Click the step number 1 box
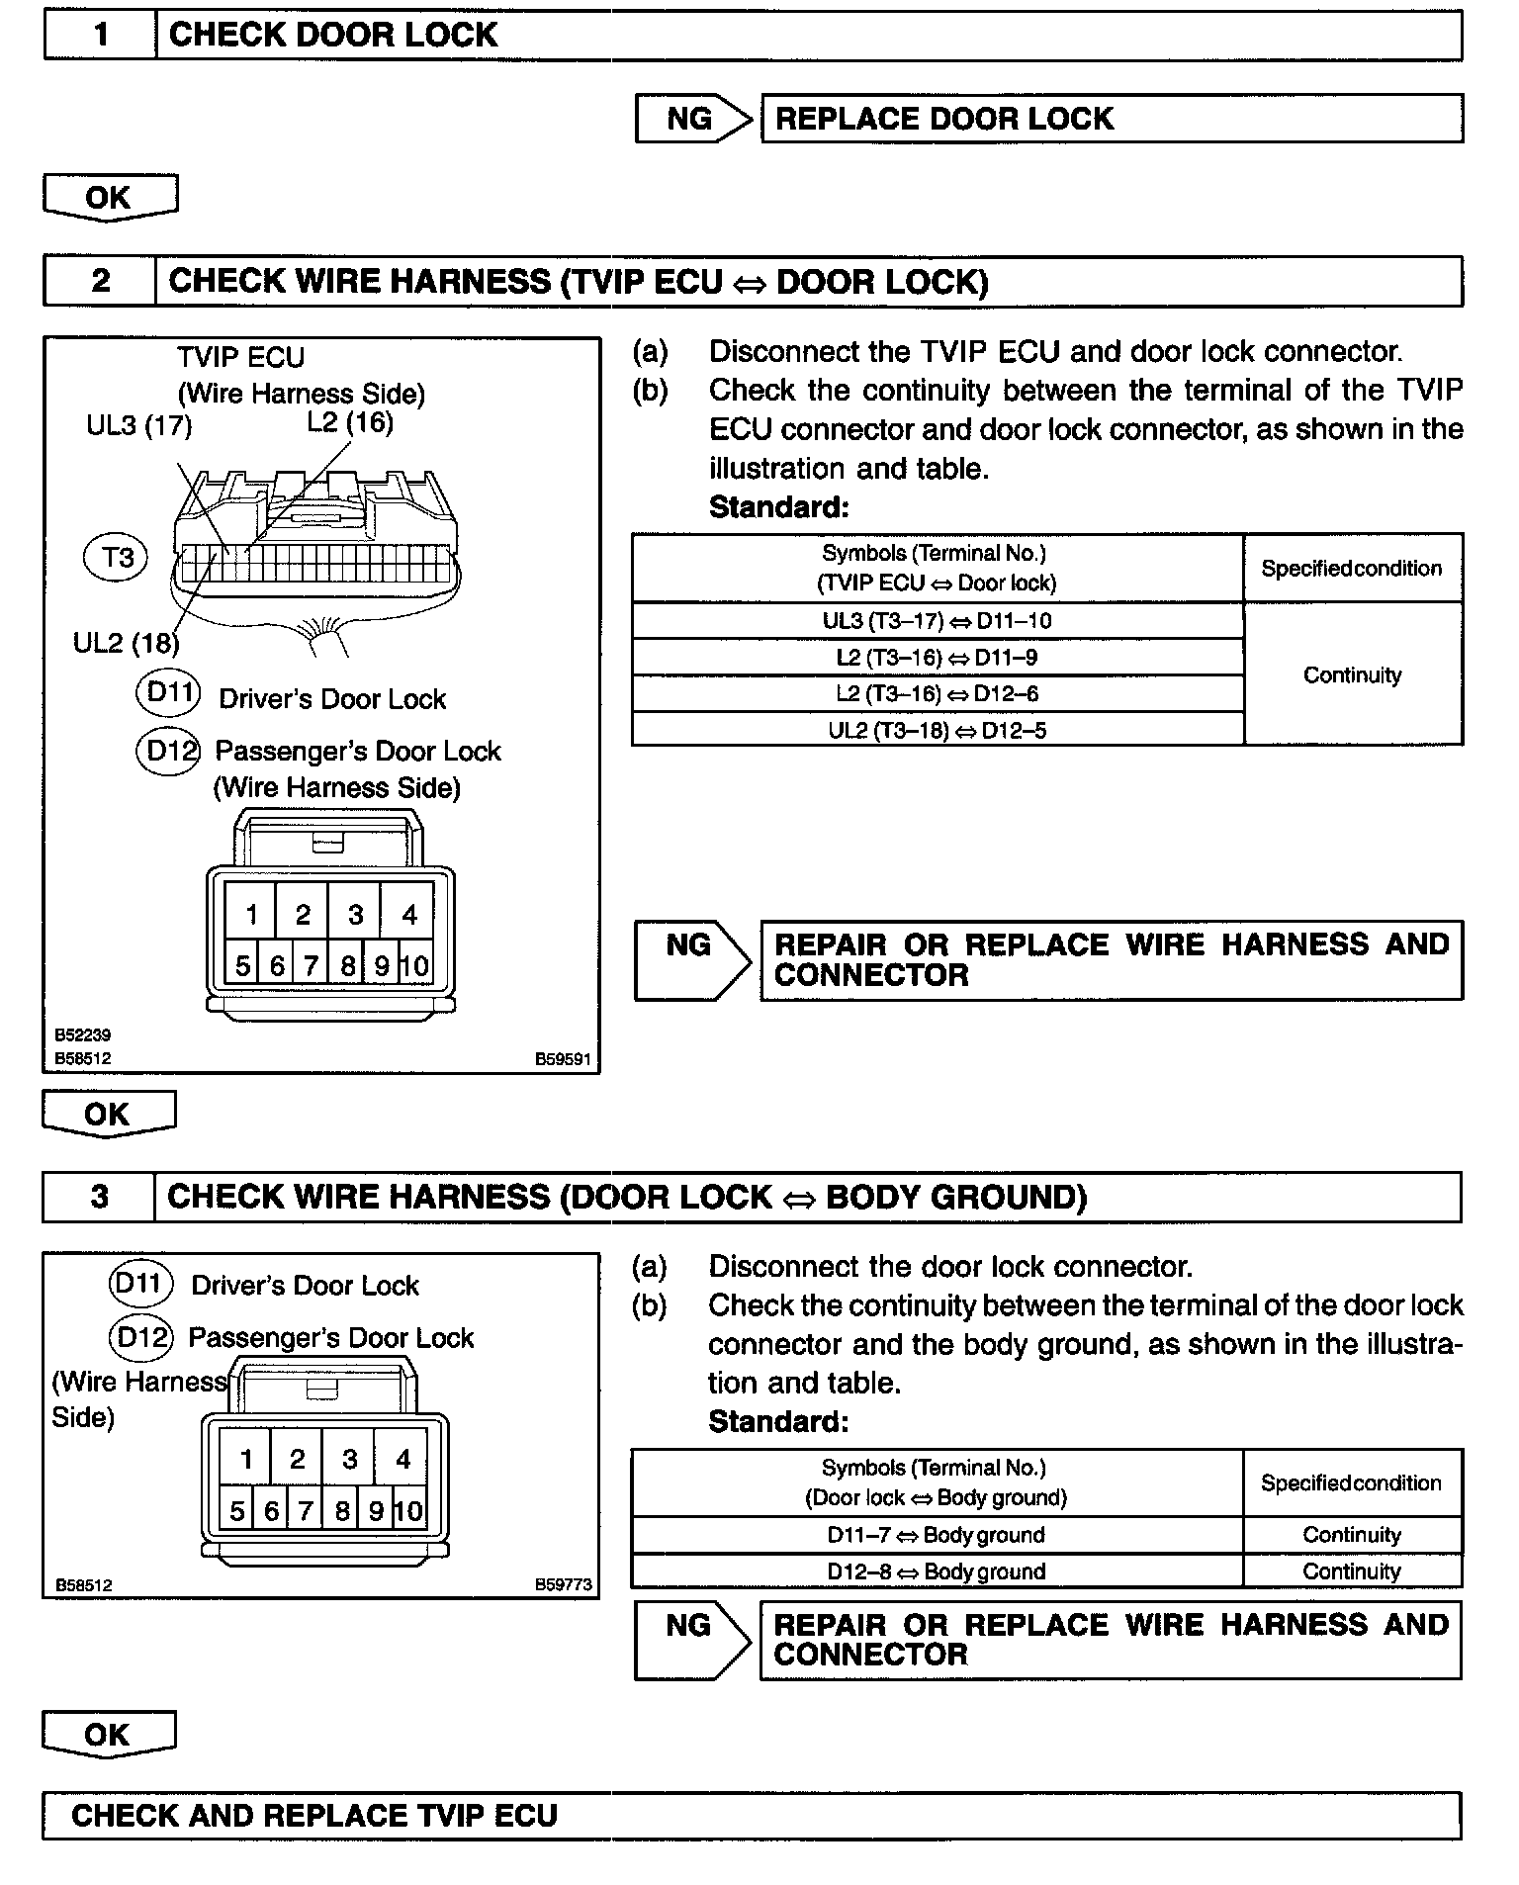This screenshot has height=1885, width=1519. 100,36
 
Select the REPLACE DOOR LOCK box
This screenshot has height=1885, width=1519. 1111,119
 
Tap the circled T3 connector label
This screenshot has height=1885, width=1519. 117,557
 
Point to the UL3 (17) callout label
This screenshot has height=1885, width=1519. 139,426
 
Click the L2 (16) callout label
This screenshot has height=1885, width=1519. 350,422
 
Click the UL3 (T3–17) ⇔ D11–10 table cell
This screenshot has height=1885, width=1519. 937,621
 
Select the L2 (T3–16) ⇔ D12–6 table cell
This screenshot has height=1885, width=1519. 937,693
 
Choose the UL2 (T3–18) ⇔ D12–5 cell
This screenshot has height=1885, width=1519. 937,730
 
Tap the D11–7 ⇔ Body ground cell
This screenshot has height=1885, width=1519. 936,1535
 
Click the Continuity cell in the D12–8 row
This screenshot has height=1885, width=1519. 1352,1571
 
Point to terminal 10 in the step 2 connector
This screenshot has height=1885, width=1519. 415,965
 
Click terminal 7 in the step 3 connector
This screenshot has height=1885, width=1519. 306,1511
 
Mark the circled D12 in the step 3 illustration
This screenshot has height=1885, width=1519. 140,1337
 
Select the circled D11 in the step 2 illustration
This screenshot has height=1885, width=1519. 168,692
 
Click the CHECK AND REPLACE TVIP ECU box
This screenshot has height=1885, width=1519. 752,1816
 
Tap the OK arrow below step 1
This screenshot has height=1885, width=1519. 110,198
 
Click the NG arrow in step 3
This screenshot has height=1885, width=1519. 691,1643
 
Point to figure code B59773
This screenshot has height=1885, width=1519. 564,1584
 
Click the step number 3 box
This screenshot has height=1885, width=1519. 99,1197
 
